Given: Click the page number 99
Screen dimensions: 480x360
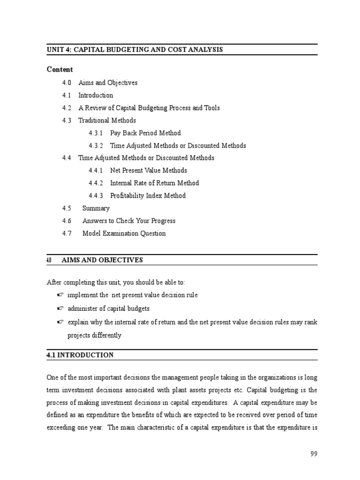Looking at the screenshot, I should (314, 454).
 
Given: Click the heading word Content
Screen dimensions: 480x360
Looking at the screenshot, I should (60, 69).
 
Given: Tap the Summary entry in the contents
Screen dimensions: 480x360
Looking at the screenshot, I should (96, 208).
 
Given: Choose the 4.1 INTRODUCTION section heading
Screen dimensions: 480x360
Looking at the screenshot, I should (80, 355).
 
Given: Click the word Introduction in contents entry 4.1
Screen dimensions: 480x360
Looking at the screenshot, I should (96, 95).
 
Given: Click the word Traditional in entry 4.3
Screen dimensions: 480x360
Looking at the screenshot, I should (93, 120).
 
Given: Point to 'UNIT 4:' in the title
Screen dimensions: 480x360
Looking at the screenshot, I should (59, 49).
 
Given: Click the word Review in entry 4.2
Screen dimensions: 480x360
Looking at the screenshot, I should (95, 108).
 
